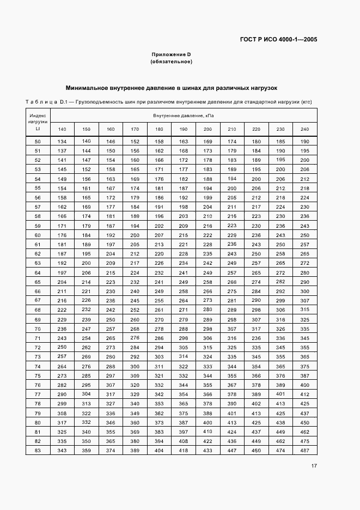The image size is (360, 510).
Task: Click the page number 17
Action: (314, 465)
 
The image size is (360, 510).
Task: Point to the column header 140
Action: (62, 129)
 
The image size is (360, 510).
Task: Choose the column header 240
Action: (304, 129)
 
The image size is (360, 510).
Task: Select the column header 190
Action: (184, 129)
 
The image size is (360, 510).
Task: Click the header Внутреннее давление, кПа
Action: (184, 116)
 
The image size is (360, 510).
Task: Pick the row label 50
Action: (38, 142)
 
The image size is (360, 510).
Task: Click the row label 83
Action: (38, 450)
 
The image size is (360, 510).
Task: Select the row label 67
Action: (38, 300)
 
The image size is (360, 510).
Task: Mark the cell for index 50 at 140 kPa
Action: (62, 142)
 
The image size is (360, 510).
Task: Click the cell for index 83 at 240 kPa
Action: (304, 450)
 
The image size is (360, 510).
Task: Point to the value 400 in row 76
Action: (304, 385)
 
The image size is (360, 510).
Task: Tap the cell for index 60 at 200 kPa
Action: (208, 235)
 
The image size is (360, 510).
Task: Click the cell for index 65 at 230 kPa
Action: (280, 282)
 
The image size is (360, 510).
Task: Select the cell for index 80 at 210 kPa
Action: (232, 422)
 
